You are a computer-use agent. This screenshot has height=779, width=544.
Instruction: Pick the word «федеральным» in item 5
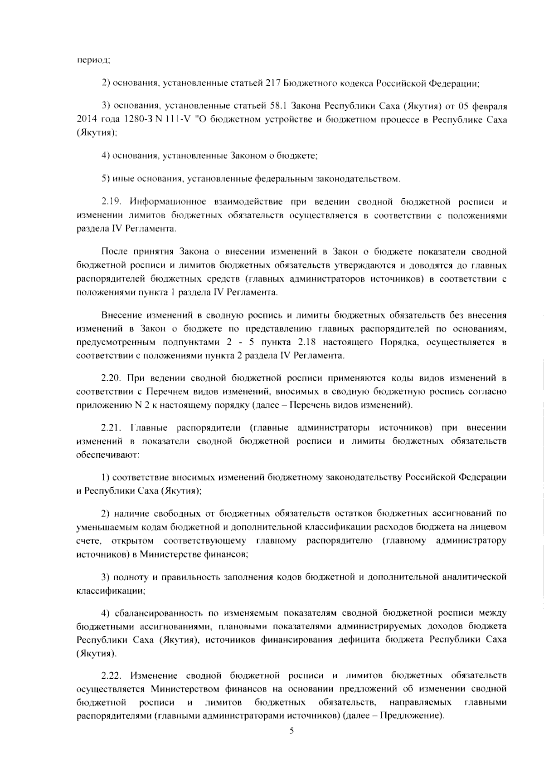click(x=284, y=179)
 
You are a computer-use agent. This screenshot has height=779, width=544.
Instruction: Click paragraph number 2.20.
click(x=112, y=378)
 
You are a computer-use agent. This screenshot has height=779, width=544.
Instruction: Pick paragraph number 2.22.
click(x=112, y=676)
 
